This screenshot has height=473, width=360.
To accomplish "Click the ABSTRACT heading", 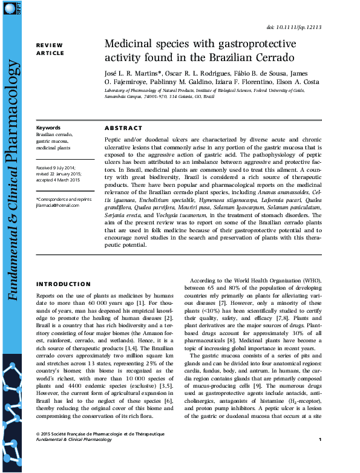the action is (123, 128).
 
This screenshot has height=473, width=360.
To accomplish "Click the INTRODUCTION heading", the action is (64, 284).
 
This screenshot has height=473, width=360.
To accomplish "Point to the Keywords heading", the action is (48, 128).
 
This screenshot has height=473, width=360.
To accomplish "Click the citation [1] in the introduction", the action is (141, 302).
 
